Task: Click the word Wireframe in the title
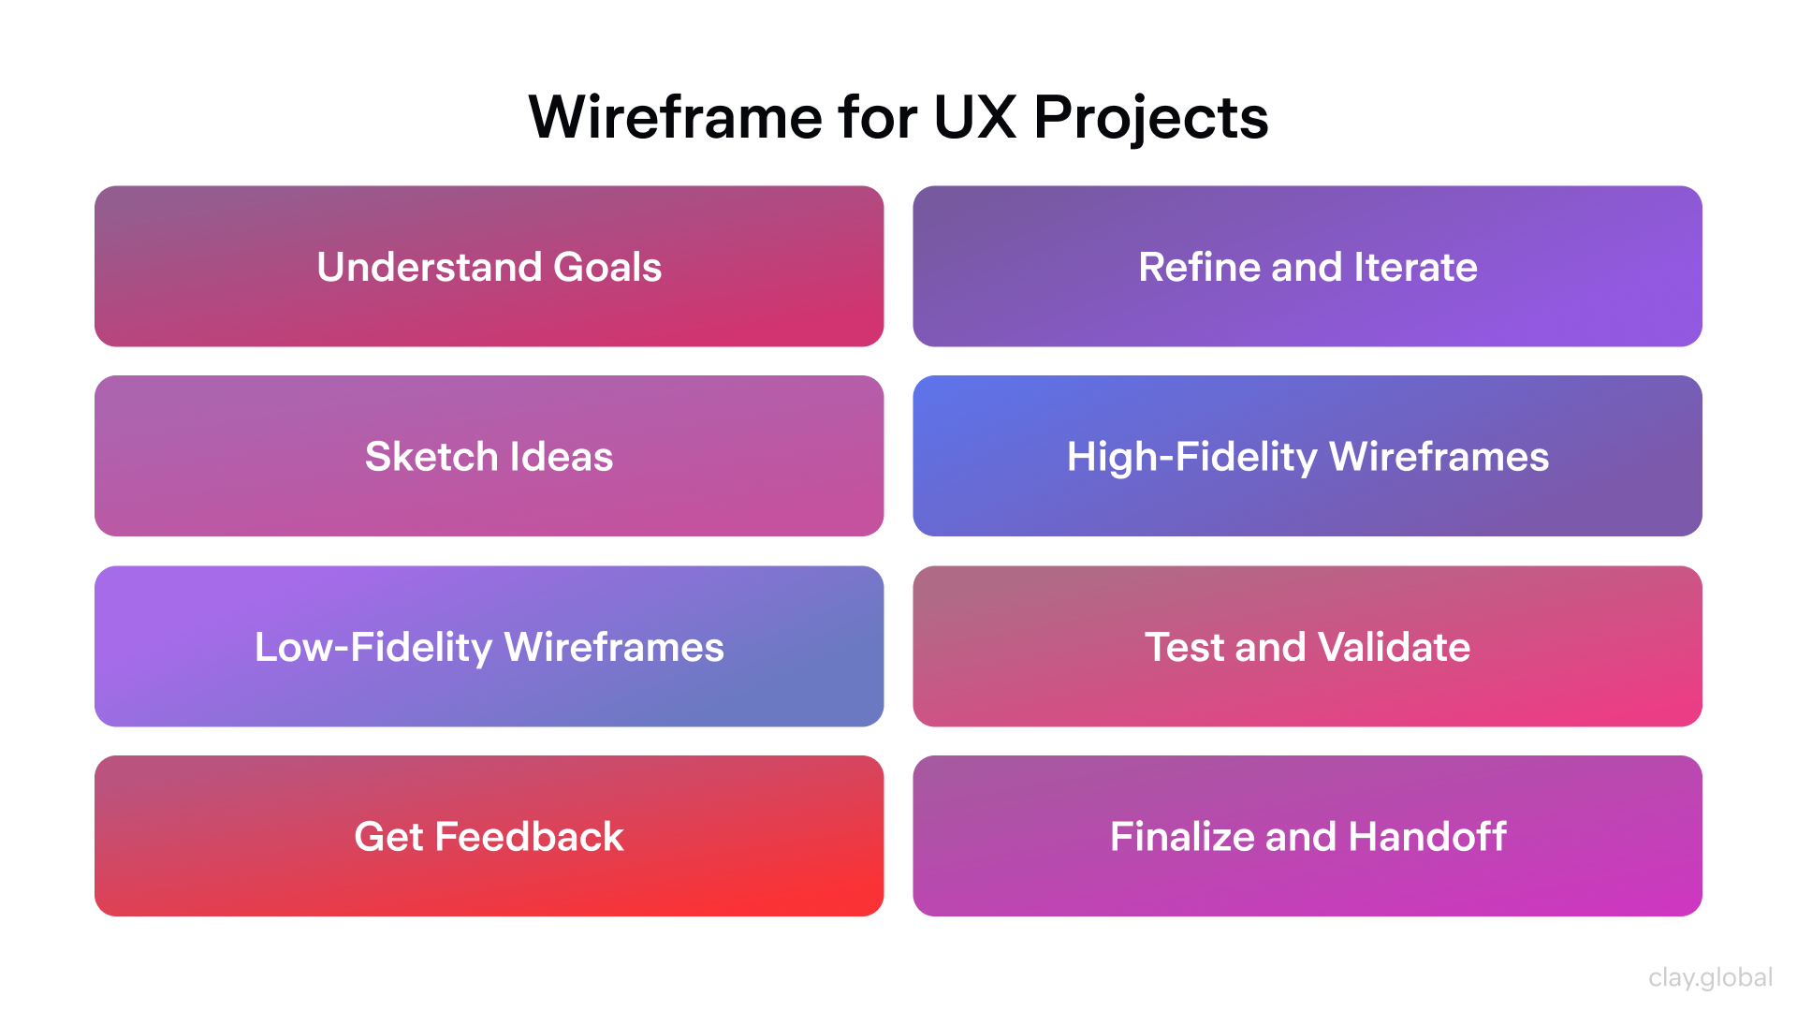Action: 676,118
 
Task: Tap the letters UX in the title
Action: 974,118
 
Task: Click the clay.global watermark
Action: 1710,977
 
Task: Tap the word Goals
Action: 607,268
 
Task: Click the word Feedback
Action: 529,837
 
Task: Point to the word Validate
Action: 1394,647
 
